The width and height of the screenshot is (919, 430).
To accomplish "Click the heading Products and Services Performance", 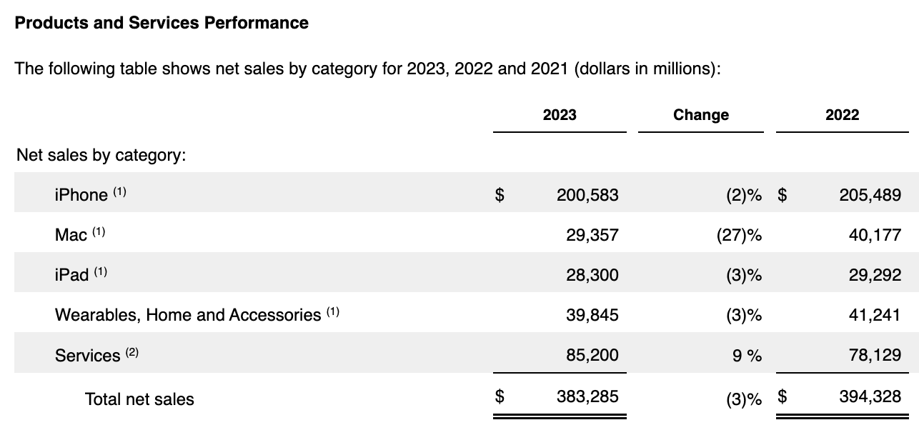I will [162, 23].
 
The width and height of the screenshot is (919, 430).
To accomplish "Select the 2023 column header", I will [559, 115].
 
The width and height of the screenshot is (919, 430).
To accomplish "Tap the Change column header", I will [700, 115].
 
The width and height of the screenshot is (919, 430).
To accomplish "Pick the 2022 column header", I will [842, 115].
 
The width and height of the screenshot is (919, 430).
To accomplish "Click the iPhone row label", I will [81, 194].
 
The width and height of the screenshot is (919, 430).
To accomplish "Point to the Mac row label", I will [71, 234].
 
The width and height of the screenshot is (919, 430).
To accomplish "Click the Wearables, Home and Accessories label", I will [188, 315].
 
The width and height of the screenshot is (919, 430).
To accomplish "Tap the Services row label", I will [88, 355].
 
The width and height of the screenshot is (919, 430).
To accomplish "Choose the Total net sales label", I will [139, 399].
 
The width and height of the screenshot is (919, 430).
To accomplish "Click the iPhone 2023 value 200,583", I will [587, 194].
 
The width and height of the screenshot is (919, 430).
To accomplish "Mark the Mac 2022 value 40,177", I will [875, 234].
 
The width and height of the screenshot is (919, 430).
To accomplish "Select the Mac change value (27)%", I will [738, 234].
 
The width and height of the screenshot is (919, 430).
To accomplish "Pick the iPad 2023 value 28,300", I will [592, 275].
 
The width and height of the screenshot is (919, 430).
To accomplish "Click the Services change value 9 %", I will [747, 355].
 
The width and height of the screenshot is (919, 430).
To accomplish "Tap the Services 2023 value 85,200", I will [592, 355].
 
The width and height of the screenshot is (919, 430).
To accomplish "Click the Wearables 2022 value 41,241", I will [875, 315].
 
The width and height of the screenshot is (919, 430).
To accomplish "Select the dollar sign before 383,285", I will [500, 396].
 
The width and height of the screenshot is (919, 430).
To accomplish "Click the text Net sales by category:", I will [101, 155].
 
